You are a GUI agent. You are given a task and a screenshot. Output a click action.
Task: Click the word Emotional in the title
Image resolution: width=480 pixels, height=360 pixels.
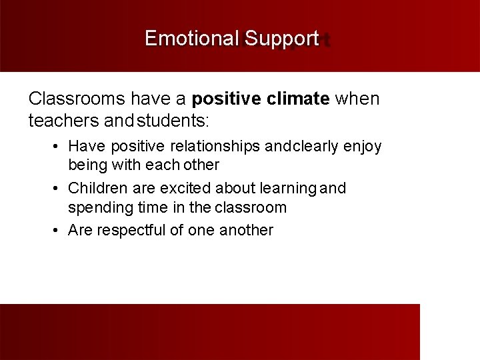point(191,39)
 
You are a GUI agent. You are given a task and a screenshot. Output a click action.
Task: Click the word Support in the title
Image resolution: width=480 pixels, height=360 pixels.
point(281,39)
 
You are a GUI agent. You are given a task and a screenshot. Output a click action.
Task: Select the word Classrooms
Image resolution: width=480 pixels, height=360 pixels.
point(77,99)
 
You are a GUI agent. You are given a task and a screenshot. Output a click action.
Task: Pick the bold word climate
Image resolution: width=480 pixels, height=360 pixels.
point(298,99)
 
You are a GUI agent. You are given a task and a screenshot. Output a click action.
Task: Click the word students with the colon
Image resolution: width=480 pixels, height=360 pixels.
point(173,121)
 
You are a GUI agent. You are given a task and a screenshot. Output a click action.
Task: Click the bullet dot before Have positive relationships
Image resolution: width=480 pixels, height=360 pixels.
point(58,146)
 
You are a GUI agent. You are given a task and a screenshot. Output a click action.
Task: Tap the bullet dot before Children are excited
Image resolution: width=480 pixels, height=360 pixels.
point(58,189)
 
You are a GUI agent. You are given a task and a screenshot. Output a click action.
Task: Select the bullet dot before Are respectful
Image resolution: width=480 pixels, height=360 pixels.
point(58,231)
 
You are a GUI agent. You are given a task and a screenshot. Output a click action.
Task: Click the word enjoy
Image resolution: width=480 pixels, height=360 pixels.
point(363,146)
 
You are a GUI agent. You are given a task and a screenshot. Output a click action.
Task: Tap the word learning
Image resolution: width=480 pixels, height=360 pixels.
point(289,189)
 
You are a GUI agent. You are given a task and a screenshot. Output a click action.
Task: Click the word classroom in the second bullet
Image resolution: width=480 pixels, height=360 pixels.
point(251,207)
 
